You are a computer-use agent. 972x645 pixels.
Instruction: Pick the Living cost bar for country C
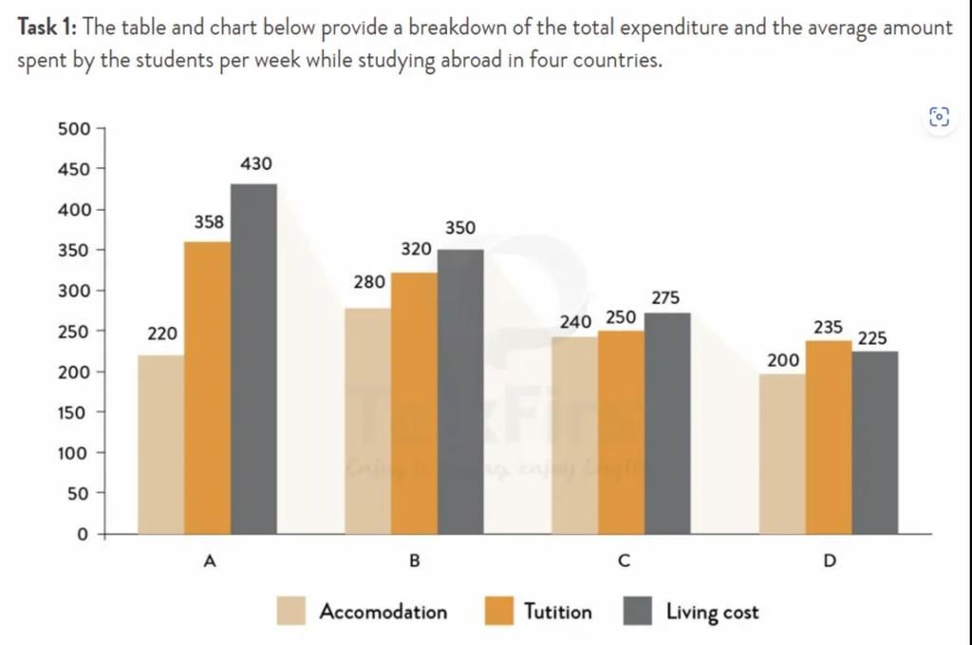[667, 423]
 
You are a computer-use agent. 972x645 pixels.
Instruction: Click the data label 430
[255, 164]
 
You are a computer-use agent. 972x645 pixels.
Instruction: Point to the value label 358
[209, 222]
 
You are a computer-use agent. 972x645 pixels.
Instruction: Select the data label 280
[368, 282]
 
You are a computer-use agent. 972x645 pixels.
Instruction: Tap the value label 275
[665, 297]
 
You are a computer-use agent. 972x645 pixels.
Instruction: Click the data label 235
[828, 327]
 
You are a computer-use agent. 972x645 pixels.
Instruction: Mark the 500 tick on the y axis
[74, 129]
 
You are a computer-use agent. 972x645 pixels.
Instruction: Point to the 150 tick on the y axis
[74, 413]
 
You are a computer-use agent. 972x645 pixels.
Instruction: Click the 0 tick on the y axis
[82, 535]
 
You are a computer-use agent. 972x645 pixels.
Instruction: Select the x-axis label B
[414, 561]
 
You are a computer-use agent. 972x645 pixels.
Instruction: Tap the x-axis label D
[830, 561]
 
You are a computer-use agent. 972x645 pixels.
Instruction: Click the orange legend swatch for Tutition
[499, 612]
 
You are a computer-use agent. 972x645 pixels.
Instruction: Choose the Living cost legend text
[712, 612]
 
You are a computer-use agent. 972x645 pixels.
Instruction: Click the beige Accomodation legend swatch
[291, 612]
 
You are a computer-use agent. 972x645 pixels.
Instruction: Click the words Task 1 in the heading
[47, 28]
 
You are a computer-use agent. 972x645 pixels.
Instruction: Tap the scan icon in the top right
[939, 117]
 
